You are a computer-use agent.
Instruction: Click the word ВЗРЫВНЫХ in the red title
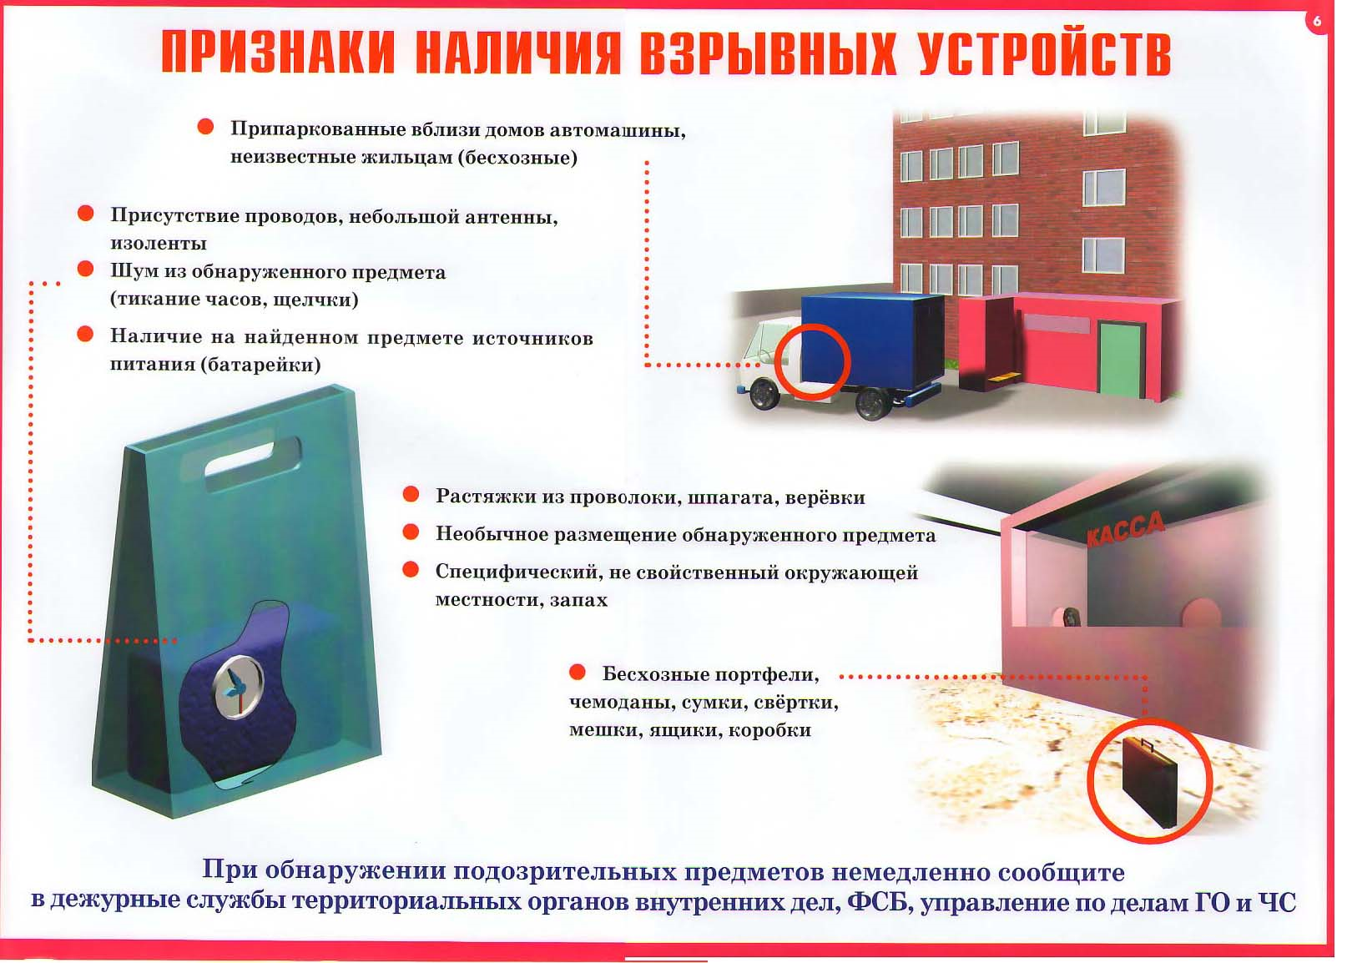[x=768, y=55]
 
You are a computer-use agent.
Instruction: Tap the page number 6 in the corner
[x=1317, y=21]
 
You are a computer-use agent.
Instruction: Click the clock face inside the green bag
[x=238, y=687]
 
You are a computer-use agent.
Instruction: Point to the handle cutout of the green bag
[x=253, y=464]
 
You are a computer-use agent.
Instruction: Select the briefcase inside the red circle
[x=1150, y=782]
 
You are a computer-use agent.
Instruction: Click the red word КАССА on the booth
[x=1126, y=529]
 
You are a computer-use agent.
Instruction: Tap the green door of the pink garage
[x=1122, y=359]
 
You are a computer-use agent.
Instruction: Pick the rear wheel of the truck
[x=875, y=402]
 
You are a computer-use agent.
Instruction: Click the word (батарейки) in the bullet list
[x=261, y=365]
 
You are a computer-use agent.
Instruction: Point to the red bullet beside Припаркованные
[x=205, y=127]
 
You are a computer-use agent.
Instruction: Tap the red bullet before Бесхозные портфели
[x=578, y=672]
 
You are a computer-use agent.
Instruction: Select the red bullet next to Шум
[x=85, y=269]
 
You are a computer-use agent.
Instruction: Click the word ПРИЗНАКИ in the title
[x=279, y=53]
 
